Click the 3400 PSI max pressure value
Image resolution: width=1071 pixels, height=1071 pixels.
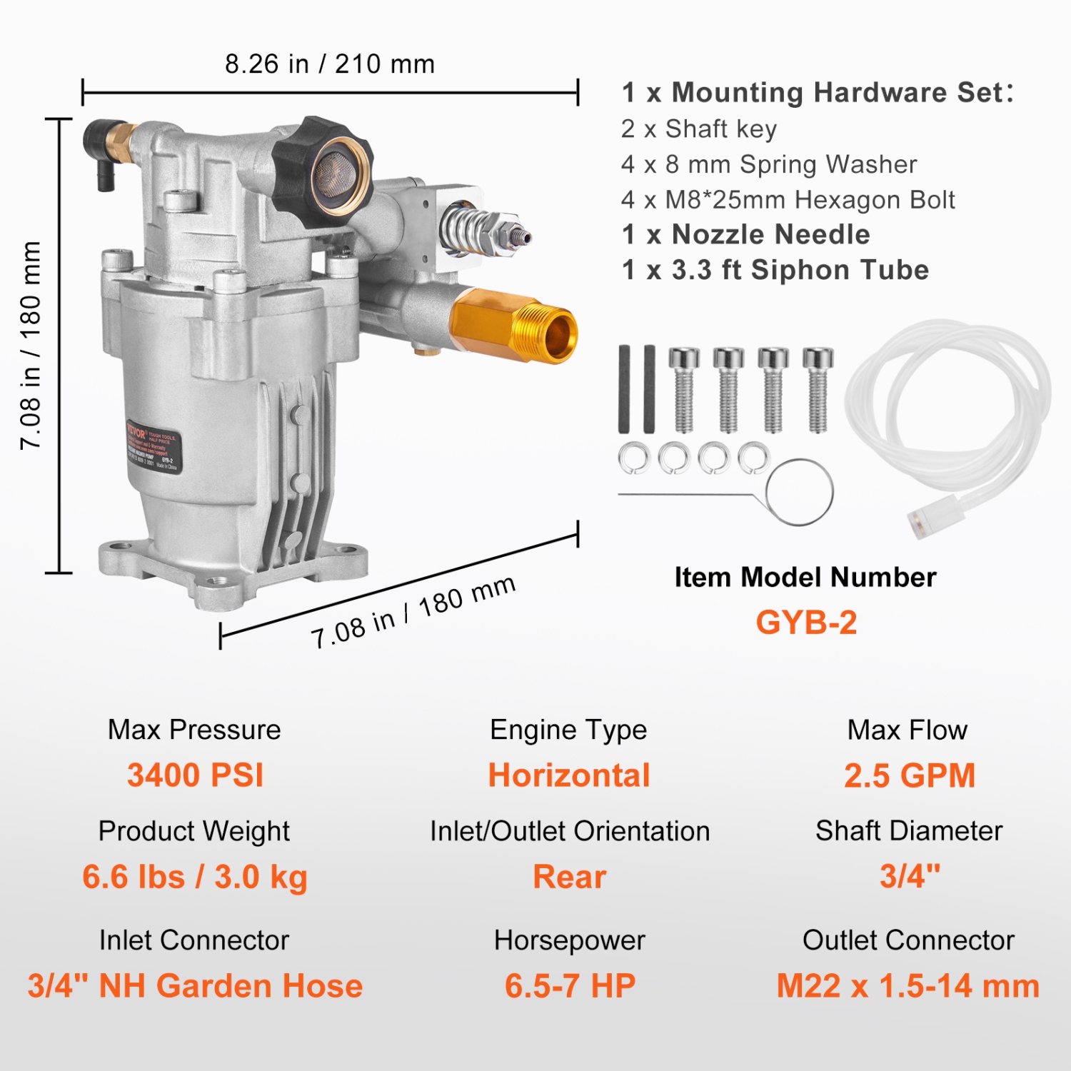point(195,775)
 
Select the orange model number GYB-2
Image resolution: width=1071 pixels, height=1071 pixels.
point(806,623)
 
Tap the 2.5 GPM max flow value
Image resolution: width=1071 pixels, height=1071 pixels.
point(909,775)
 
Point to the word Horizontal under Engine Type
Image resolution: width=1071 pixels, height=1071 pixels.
point(569,775)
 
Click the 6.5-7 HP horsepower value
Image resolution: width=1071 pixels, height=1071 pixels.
point(570,986)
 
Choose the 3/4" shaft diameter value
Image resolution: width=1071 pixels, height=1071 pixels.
point(910,877)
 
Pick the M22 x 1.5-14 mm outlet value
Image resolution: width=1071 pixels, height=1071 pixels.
point(907,986)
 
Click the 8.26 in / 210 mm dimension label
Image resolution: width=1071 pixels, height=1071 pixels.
point(330,64)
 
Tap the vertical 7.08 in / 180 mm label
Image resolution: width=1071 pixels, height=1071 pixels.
point(30,346)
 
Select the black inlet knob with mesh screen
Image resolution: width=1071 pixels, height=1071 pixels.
point(325,168)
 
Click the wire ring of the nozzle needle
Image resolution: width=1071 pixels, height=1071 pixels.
point(800,493)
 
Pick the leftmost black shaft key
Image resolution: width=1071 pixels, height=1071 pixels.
point(625,389)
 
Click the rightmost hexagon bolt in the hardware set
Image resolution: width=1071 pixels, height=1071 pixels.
point(818,389)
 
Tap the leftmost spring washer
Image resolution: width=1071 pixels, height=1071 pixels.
point(634,458)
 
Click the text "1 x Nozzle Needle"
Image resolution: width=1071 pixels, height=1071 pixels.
point(745,235)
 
